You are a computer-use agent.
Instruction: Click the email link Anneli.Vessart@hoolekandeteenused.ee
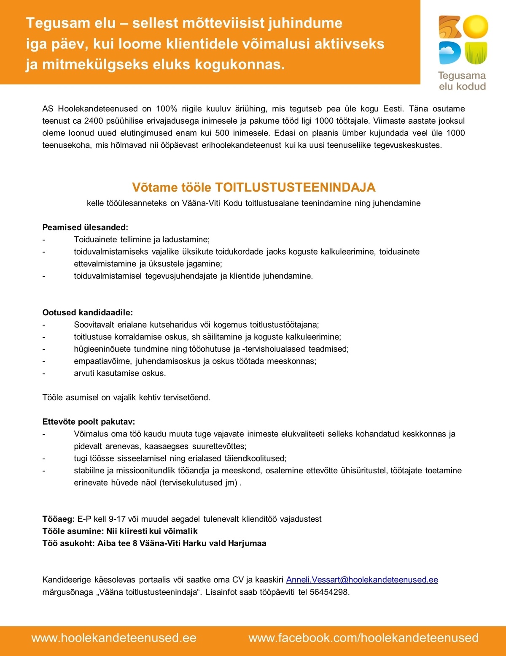tap(362, 580)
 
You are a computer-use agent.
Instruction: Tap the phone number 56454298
tap(329, 592)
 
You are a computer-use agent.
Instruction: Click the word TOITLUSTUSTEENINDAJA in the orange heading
tap(295, 187)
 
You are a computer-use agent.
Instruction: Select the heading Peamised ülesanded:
tap(85, 227)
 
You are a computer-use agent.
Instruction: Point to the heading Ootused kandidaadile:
tap(87, 312)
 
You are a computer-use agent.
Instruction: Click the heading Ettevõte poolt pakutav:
tap(89, 421)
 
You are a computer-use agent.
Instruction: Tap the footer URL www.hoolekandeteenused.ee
tap(114, 637)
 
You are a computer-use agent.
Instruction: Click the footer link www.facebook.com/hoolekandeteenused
tap(363, 637)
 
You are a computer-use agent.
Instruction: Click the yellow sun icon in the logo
tap(475, 27)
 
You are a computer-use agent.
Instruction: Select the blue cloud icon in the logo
tap(449, 52)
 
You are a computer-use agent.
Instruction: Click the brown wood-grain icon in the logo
tap(450, 27)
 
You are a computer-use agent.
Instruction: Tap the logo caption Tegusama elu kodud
tap(462, 81)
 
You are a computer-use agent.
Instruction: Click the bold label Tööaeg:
tap(59, 519)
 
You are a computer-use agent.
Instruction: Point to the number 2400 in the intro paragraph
tap(94, 121)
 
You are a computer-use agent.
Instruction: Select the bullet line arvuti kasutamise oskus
tap(120, 373)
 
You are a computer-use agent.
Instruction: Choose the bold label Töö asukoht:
tap(69, 543)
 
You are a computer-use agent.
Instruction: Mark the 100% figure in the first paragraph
tap(167, 108)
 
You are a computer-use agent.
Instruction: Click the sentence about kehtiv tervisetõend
tap(126, 397)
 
